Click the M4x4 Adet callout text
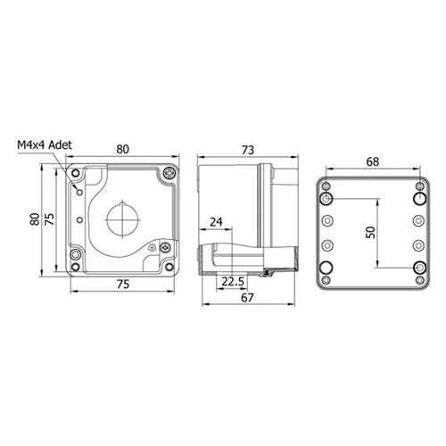coord(45,145)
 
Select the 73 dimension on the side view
coord(248,150)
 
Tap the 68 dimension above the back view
coord(373,161)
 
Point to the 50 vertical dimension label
coord(370,232)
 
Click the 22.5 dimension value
coord(233,282)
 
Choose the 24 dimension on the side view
coord(216,222)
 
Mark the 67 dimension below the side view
coord(247,298)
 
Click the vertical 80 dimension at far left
coord(35,219)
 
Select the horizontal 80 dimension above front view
coord(122,149)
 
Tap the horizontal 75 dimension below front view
coord(123,285)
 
